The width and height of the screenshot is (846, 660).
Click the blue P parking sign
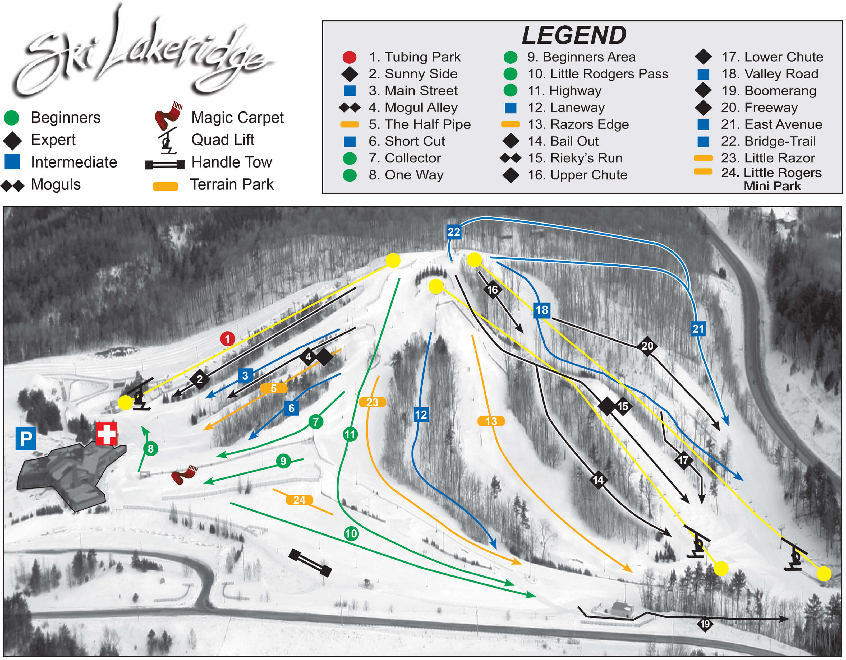coord(26,438)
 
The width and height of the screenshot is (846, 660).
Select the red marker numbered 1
coord(227,339)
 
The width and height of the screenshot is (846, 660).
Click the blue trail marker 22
coord(454,232)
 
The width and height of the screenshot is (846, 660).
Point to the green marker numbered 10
coord(351,534)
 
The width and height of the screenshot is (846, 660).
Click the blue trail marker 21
coord(698,329)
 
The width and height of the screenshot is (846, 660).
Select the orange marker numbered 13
coord(491,421)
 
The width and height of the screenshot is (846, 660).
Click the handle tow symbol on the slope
coord(310,563)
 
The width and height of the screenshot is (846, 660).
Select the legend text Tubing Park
coord(422,57)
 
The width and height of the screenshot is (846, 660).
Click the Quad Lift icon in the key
coord(168,140)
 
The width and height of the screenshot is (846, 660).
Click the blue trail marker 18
coord(541,310)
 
